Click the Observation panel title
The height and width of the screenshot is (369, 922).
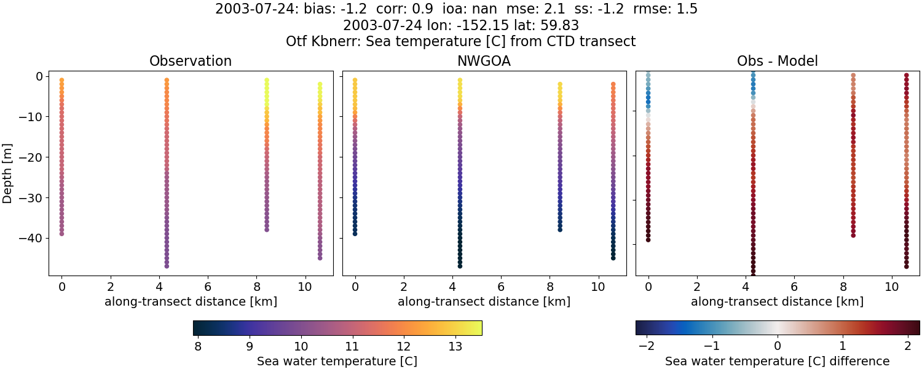pyautogui.click(x=191, y=61)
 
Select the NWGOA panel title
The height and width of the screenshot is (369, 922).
pyautogui.click(x=484, y=61)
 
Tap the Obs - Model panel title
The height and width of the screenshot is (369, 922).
pyautogui.click(x=777, y=61)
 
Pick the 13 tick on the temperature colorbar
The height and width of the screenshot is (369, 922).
pyautogui.click(x=455, y=347)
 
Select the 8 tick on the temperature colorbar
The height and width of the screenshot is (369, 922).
pyautogui.click(x=198, y=347)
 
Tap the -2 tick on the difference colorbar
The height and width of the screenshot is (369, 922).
pyautogui.click(x=647, y=347)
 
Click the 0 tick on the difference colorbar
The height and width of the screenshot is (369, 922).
pyautogui.click(x=778, y=347)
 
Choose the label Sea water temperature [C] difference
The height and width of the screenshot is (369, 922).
pyautogui.click(x=777, y=362)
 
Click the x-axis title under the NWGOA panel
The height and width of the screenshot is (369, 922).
pyautogui.click(x=484, y=302)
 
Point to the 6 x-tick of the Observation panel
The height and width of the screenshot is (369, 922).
pyautogui.click(x=208, y=287)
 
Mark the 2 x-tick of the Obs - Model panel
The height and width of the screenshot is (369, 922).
pyautogui.click(x=696, y=287)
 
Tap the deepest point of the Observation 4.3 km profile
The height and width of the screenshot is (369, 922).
pyautogui.click(x=167, y=266)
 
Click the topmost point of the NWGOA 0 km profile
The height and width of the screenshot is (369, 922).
pyautogui.click(x=355, y=80)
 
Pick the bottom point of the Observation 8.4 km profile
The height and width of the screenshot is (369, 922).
pyautogui.click(x=267, y=229)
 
